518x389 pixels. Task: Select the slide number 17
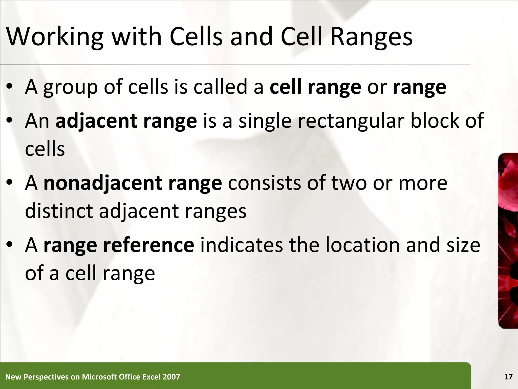tap(508, 377)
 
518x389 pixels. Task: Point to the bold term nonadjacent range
tap(133, 183)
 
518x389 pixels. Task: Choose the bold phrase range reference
tap(119, 245)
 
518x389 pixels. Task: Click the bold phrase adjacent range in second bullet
tap(126, 121)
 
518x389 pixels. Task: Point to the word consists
tap(265, 183)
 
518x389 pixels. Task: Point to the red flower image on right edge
tap(508, 241)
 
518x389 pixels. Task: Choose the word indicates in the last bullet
tap(242, 245)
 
